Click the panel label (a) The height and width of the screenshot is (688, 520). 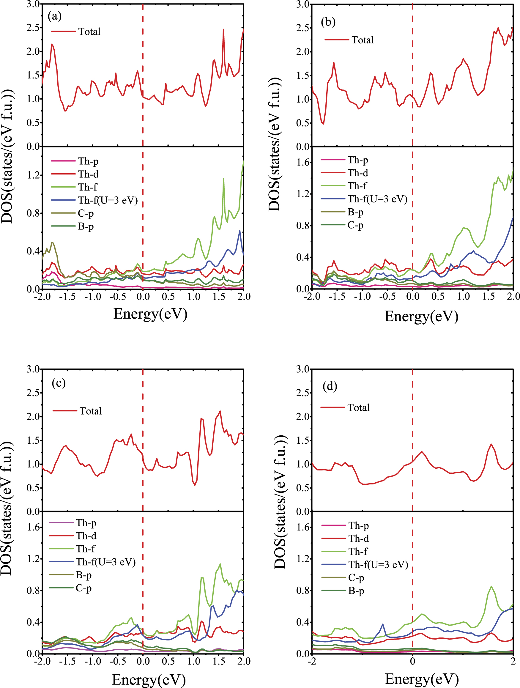pos(54,16)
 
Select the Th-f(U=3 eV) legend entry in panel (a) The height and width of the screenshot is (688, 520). pos(108,200)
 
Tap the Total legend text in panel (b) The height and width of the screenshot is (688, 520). pos(363,40)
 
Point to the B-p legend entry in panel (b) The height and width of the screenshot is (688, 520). pos(355,212)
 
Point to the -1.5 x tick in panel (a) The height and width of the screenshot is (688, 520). pos(67,296)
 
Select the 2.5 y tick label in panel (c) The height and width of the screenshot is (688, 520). pos(34,393)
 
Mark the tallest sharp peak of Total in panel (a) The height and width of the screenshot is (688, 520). pos(223,29)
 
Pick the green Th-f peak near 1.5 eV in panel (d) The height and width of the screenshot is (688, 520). pos(491,586)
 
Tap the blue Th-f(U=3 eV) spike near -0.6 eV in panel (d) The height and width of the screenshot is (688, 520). pos(383,624)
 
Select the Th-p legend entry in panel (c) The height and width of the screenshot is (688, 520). pos(86,523)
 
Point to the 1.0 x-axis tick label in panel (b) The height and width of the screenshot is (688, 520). pos(463,296)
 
